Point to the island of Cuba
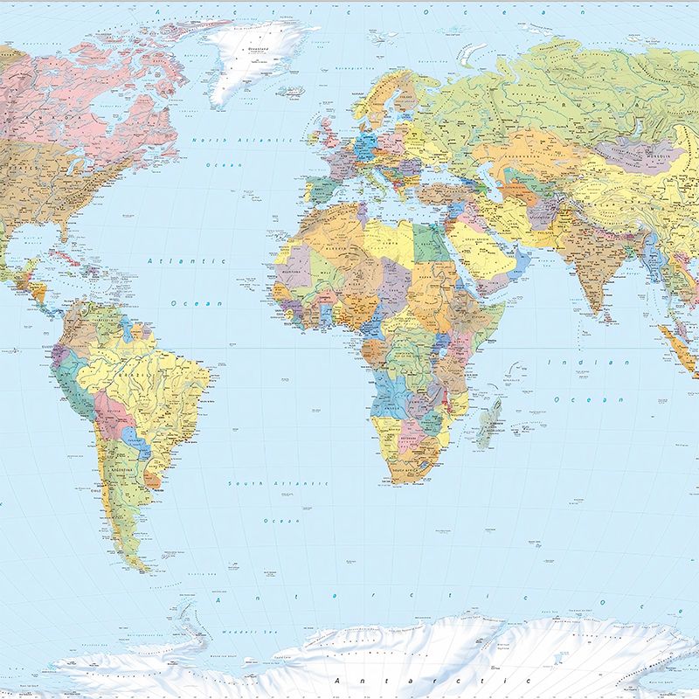point(61,256)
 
